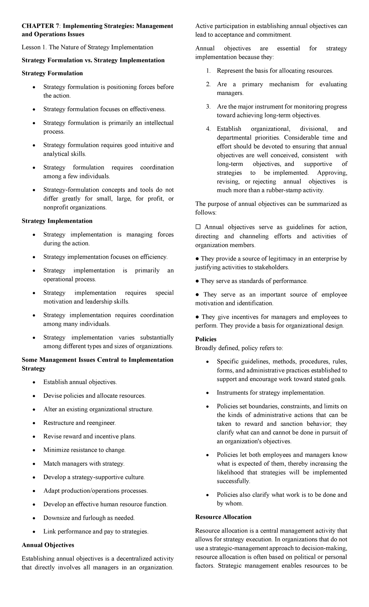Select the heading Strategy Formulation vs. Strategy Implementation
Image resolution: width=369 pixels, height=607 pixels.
93,60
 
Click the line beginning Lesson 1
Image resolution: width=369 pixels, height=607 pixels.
87,47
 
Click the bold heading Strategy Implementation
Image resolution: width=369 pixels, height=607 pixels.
57,221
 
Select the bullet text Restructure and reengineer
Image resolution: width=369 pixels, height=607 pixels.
80,423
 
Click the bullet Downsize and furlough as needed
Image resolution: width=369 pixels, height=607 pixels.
89,518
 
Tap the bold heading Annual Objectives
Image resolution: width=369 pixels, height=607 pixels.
48,545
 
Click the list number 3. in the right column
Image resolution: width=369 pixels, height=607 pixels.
208,107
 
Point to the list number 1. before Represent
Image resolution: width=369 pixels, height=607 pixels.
208,71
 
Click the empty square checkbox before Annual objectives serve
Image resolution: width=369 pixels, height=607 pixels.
198,227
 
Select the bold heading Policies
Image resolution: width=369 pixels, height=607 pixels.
206,339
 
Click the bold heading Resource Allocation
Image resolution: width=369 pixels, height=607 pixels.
223,517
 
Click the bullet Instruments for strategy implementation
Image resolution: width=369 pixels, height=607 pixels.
271,393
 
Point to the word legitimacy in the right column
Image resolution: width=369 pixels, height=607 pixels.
279,259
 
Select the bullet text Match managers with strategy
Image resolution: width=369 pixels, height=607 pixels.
84,464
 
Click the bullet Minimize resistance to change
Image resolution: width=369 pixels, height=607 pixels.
84,450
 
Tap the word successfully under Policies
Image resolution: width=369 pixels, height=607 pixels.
233,481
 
